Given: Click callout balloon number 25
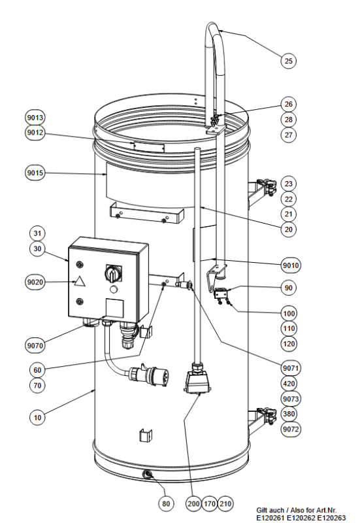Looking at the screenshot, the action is tap(288, 61).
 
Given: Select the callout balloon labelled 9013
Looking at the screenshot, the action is tap(35, 118).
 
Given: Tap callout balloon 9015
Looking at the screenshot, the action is tap(35, 173).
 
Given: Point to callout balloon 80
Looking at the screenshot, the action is tap(166, 503).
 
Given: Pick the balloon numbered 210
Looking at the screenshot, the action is tap(225, 503).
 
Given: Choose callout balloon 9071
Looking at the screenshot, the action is tap(291, 368).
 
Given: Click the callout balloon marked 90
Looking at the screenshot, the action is tap(288, 288).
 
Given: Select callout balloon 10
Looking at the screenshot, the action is tap(37, 417).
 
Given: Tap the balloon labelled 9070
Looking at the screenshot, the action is tap(35, 345).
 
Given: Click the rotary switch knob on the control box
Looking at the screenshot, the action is tap(113, 273).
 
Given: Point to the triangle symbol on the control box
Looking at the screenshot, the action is tap(79, 282).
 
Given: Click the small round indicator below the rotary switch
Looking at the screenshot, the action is tap(114, 289).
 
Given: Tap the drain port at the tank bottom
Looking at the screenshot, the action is tap(147, 474).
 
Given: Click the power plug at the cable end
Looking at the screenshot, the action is tap(150, 375).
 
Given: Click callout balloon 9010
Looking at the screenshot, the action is tap(291, 265).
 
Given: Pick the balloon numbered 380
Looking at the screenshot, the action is tap(288, 414).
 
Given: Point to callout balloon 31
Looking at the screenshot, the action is tap(37, 233).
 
